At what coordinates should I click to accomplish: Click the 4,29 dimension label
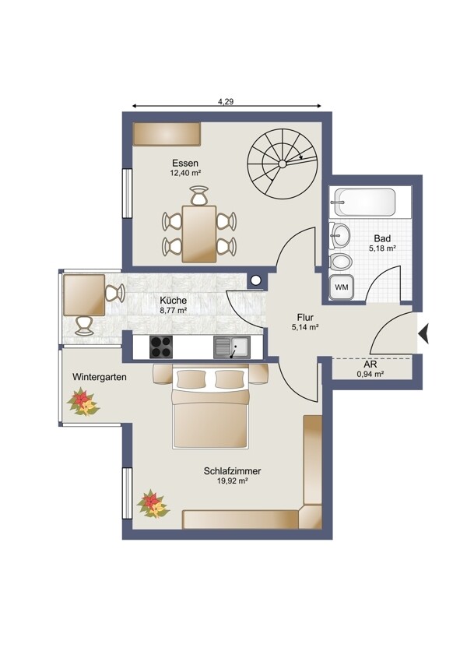(226, 101)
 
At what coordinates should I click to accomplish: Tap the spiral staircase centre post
(283, 164)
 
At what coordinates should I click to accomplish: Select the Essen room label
(185, 163)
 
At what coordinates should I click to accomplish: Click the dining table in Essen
(199, 234)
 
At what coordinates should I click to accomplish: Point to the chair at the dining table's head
(199, 195)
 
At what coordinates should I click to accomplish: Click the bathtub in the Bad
(365, 202)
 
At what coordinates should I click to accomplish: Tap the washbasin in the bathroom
(340, 235)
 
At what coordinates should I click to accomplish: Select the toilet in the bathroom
(341, 262)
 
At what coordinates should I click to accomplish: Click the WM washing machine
(342, 287)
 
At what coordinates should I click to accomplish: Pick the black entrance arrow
(423, 333)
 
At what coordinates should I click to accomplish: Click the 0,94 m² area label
(370, 374)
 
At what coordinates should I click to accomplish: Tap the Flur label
(305, 317)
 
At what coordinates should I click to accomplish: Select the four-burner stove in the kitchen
(161, 347)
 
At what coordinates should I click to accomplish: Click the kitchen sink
(232, 347)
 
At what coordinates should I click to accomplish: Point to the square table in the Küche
(84, 294)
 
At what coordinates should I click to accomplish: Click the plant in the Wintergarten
(83, 403)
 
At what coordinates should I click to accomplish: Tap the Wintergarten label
(100, 377)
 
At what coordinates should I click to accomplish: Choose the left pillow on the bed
(191, 379)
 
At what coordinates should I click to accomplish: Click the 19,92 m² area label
(232, 481)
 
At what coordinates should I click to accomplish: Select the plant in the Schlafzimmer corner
(153, 504)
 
